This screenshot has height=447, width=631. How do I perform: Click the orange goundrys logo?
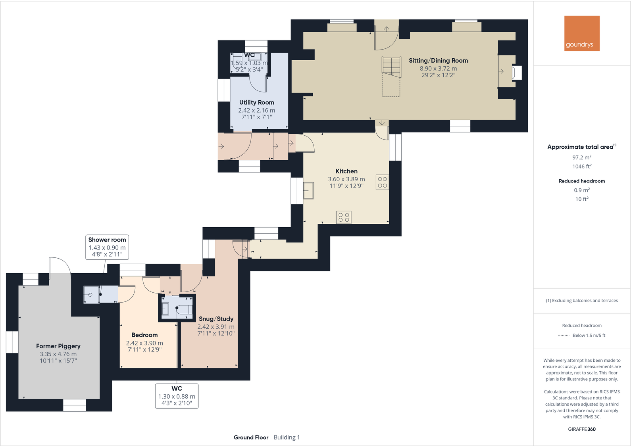coord(582,33)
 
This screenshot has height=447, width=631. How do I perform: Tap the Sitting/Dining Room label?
coord(438,61)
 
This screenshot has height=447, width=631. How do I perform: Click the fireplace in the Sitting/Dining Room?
coord(517,73)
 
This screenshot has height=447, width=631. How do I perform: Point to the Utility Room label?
coord(256,102)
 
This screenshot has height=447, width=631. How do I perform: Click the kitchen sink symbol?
coord(308,190)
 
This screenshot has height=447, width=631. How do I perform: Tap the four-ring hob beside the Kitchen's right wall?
coord(382,182)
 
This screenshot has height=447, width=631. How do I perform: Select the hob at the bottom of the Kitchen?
coord(344,217)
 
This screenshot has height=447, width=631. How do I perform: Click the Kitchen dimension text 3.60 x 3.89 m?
coord(346,179)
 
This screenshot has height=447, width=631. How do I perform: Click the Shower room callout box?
coord(107,247)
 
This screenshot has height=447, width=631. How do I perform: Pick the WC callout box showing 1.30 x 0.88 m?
coord(177,396)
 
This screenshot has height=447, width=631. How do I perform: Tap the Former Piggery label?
coord(58,346)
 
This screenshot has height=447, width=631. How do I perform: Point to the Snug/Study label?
coord(216,319)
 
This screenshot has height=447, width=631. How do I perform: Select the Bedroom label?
coord(144,335)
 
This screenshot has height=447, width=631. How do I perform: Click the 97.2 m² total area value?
coord(582,157)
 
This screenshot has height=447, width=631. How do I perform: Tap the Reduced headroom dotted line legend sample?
coord(564,336)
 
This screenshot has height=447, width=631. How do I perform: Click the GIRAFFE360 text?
coord(581,429)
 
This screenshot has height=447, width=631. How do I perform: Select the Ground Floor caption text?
coord(251,437)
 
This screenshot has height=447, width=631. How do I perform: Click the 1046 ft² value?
coord(582,167)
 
